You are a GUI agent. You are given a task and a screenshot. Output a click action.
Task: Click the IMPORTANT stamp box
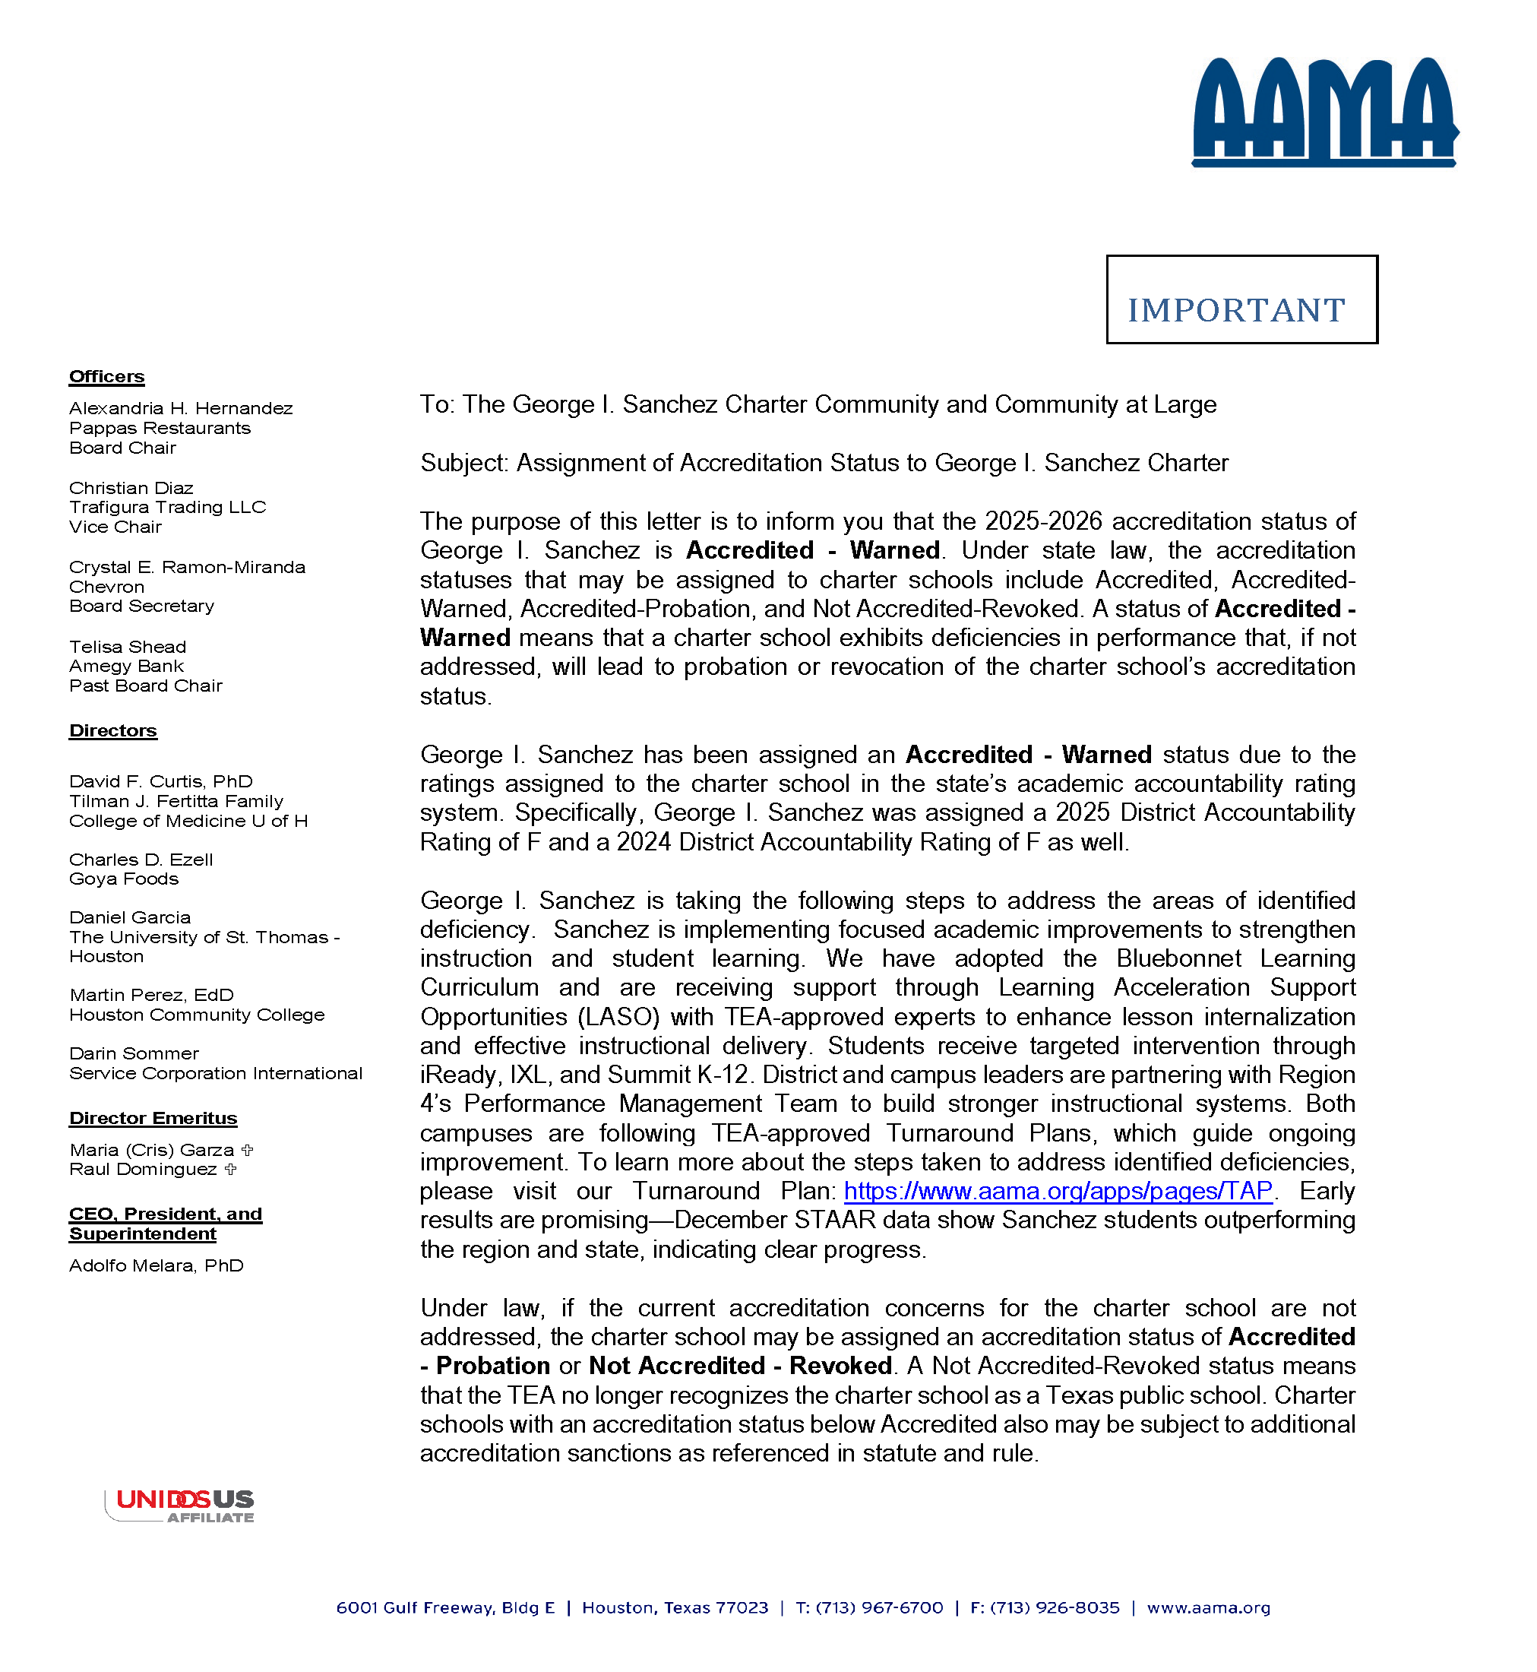pos(1241,299)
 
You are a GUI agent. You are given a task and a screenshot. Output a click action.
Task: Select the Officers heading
pos(106,377)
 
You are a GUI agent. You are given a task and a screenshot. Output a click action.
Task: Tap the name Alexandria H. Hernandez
pos(181,408)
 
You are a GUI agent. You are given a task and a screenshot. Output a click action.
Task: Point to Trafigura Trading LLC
pos(167,508)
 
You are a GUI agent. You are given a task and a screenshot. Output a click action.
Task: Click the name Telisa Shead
pos(127,648)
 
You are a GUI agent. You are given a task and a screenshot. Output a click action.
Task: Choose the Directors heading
pos(113,731)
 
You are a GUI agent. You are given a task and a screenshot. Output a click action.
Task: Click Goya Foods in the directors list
pos(123,879)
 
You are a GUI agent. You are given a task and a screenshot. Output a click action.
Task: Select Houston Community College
pos(196,1015)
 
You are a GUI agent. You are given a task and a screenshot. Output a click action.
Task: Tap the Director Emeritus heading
pos(153,1119)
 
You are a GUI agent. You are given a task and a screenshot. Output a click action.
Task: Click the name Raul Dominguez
pos(143,1170)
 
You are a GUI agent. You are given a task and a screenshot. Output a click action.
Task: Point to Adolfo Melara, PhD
pos(157,1266)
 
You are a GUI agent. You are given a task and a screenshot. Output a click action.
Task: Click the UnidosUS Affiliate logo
pos(181,1506)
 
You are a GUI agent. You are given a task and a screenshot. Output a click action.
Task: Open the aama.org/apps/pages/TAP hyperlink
pos(1058,1192)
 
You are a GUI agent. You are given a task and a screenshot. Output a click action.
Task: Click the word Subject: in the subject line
pos(464,464)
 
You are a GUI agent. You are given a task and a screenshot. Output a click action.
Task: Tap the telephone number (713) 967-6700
pos(879,1608)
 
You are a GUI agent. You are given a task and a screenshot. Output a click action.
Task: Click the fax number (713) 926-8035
pos(1055,1608)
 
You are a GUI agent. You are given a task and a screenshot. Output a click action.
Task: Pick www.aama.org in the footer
pos(1209,1608)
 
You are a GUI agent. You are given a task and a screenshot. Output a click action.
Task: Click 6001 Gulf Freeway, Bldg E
pos(445,1608)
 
